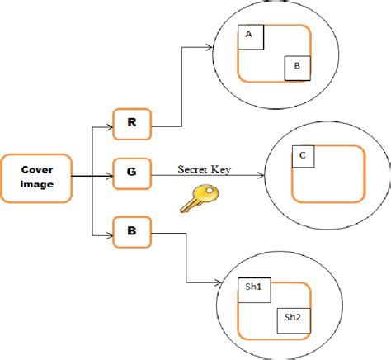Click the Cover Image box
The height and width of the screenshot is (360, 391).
tap(35, 177)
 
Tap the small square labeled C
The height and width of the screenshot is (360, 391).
tap(304, 155)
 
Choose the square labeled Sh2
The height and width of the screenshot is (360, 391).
tap(293, 317)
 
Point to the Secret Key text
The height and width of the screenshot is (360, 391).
tap(202, 169)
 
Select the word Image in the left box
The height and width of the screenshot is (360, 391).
tap(35, 184)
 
